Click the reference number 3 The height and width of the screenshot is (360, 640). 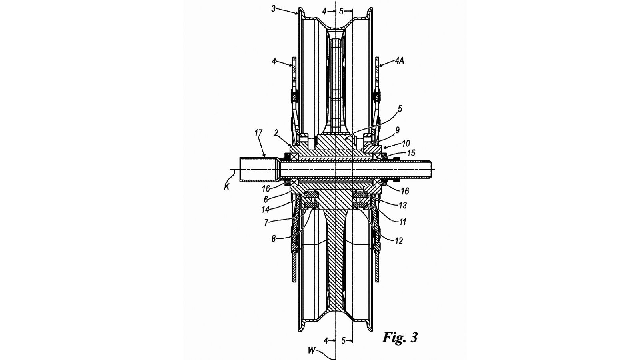coord(274,8)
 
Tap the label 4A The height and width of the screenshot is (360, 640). coord(400,60)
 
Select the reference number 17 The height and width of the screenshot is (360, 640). coord(258,133)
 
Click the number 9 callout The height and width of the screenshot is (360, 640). coord(397,130)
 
